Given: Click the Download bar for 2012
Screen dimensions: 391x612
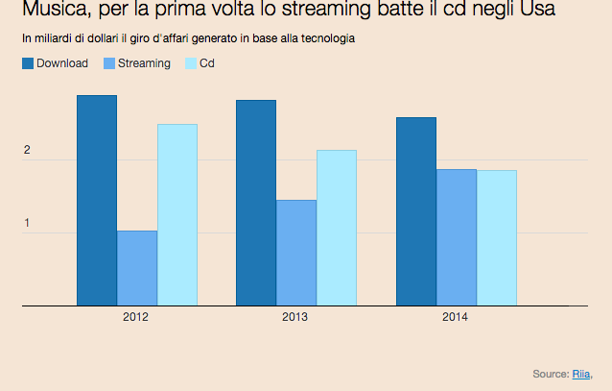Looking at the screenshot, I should point(96,200).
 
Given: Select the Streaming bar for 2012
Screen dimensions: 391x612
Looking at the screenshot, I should point(137,268).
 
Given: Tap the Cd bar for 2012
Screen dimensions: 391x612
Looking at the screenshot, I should point(177,214).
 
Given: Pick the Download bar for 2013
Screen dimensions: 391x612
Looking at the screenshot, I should point(256,203).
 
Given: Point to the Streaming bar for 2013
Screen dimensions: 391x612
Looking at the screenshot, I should point(296,253).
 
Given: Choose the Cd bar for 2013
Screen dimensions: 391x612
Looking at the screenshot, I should point(337,228).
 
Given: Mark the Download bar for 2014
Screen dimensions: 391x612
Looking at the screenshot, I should point(416,211).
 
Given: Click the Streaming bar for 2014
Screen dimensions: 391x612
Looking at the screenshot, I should point(457,237).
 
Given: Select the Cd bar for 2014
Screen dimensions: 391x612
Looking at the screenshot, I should point(497,238).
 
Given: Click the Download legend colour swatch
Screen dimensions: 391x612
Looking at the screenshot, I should point(27,63).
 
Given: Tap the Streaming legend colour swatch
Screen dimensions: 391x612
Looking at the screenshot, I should point(108,63).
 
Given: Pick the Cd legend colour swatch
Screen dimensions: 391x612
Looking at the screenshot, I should point(190,63).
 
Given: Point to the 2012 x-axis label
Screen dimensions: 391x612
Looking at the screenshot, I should point(135,316).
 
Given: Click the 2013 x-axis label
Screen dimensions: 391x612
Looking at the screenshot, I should point(295,316).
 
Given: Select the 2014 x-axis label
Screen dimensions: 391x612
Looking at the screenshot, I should point(456,316).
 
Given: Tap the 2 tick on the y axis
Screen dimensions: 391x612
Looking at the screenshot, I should point(27,151).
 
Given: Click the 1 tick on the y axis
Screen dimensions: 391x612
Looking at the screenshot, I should point(27,224).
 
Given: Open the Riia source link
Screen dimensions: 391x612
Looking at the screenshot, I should point(581,374).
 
